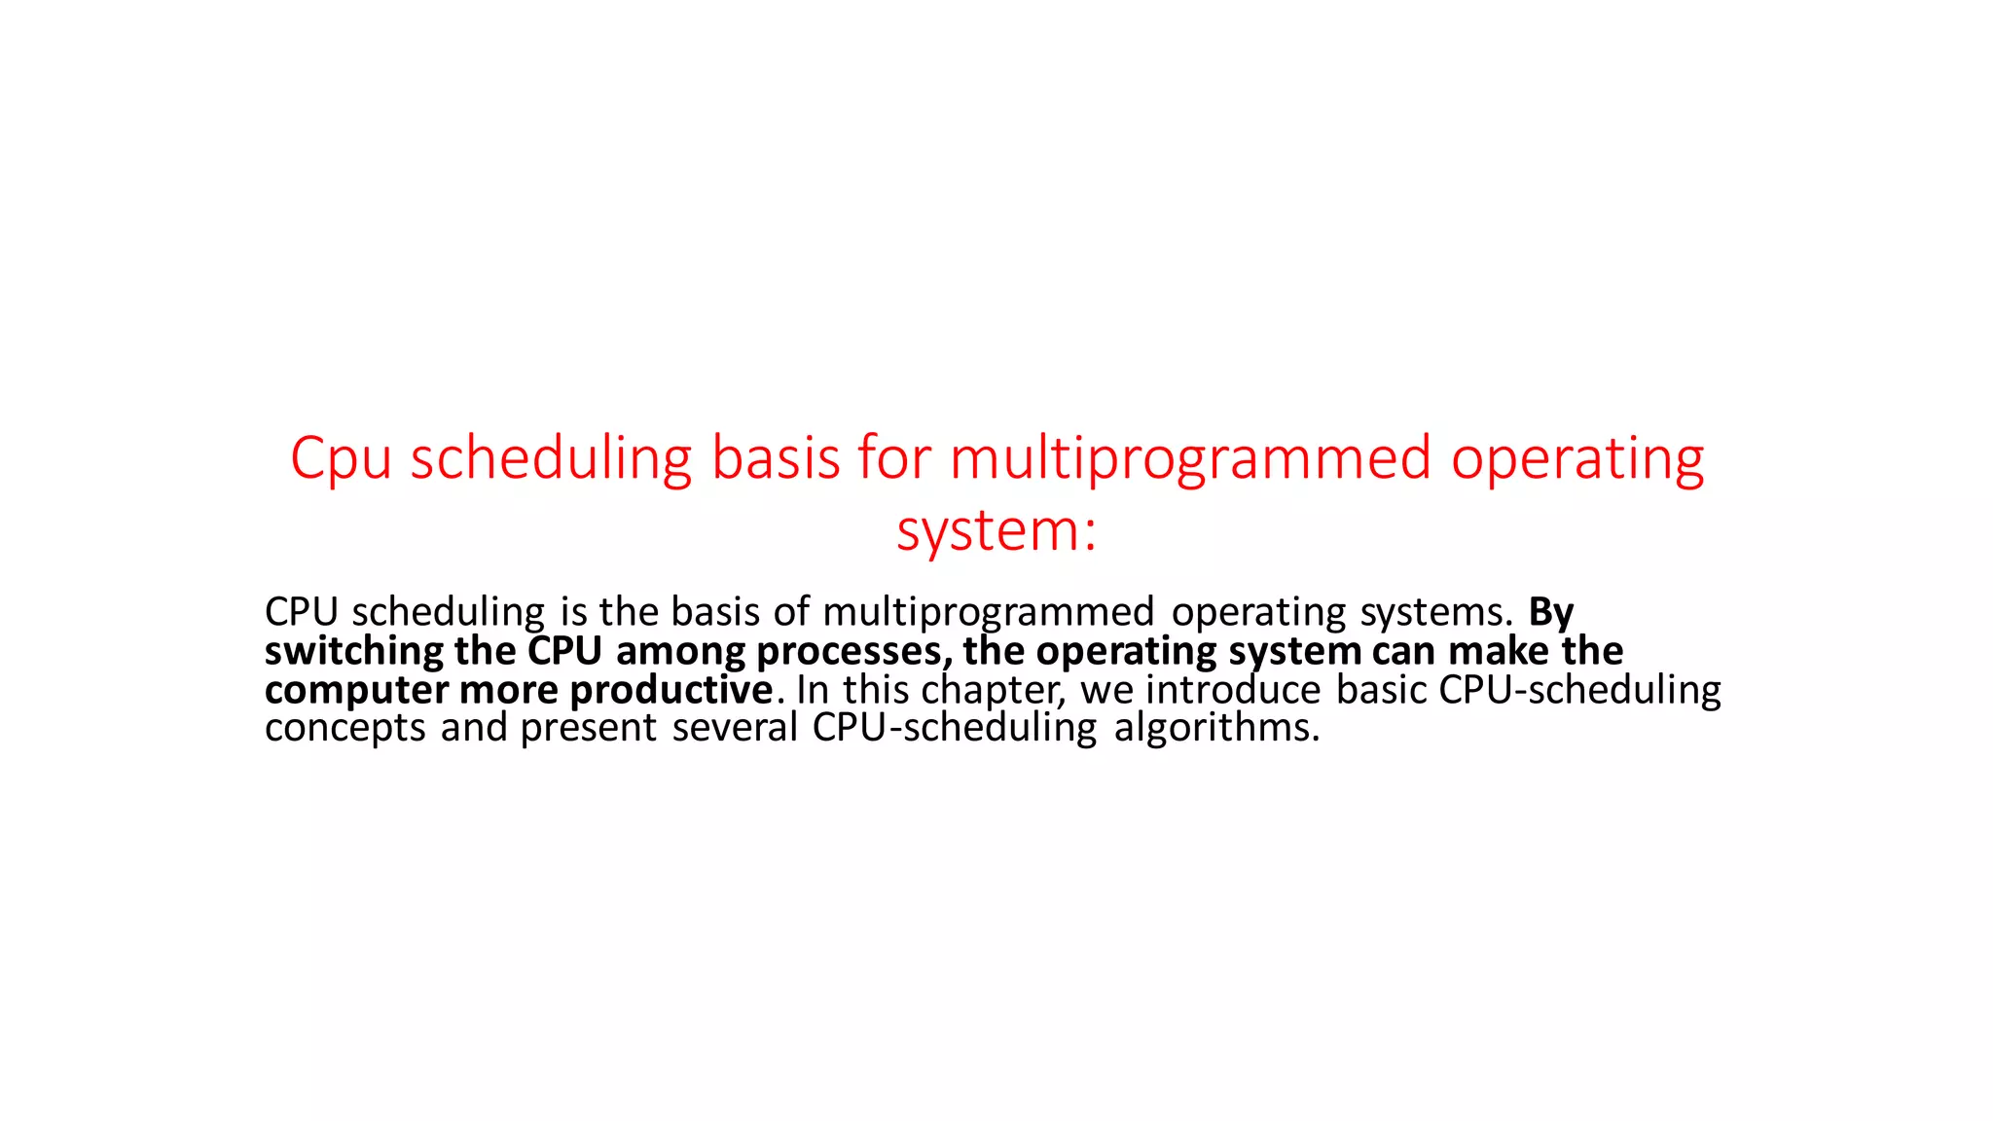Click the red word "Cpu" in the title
[x=341, y=458]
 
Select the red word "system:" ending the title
[x=996, y=531]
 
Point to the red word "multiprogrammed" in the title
[x=1190, y=458]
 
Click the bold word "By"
[x=1551, y=613]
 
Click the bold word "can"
[x=1404, y=651]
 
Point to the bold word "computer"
[x=356, y=691]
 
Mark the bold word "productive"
[x=671, y=691]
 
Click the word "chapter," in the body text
[x=994, y=691]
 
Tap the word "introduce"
[x=1233, y=690]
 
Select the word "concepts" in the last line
[x=345, y=729]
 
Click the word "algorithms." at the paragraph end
[x=1216, y=728]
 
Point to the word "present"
[x=589, y=729]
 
